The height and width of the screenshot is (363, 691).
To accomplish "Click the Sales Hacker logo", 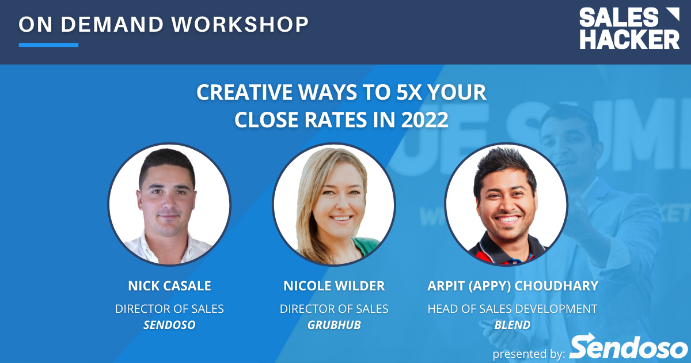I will tap(629, 29).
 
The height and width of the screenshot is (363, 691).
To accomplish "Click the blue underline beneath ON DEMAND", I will tap(48, 45).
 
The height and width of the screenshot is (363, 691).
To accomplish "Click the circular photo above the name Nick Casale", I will tap(169, 205).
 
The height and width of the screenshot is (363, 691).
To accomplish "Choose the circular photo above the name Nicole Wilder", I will tap(334, 205).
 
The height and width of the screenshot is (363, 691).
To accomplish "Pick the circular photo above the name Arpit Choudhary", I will tap(506, 205).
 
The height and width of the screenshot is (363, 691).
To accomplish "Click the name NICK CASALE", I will tap(169, 286).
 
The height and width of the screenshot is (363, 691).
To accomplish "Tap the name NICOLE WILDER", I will tap(334, 286).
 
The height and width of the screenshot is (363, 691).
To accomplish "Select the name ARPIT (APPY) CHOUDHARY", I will tap(512, 286).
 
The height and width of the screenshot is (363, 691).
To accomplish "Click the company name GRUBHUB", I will tap(334, 325).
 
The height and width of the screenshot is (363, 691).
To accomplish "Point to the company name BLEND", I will tap(512, 325).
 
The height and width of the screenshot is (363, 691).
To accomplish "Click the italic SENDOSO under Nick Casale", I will tap(169, 325).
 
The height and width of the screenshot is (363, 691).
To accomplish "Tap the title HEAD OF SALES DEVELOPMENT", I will tap(512, 309).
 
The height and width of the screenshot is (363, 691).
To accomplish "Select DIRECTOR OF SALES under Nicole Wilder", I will tap(334, 309).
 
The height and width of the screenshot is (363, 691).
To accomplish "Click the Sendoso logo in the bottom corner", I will tap(629, 347).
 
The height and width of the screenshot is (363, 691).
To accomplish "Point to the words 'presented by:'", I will tap(529, 353).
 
